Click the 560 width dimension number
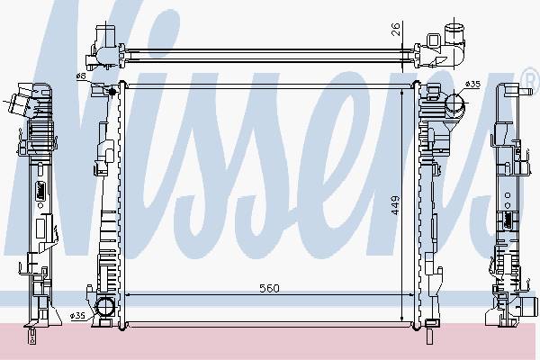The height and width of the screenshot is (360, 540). (269, 288)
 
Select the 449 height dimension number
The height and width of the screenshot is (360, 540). (395, 205)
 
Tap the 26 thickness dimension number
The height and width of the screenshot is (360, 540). (396, 30)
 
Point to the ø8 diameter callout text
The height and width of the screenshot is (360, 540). (81, 76)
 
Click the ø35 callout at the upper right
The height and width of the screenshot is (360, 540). (472, 84)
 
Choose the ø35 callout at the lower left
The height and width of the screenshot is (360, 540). (77, 316)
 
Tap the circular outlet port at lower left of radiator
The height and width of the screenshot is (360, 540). (104, 307)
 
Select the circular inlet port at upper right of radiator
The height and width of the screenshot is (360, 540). (454, 103)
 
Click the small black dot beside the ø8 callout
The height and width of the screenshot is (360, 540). (112, 91)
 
